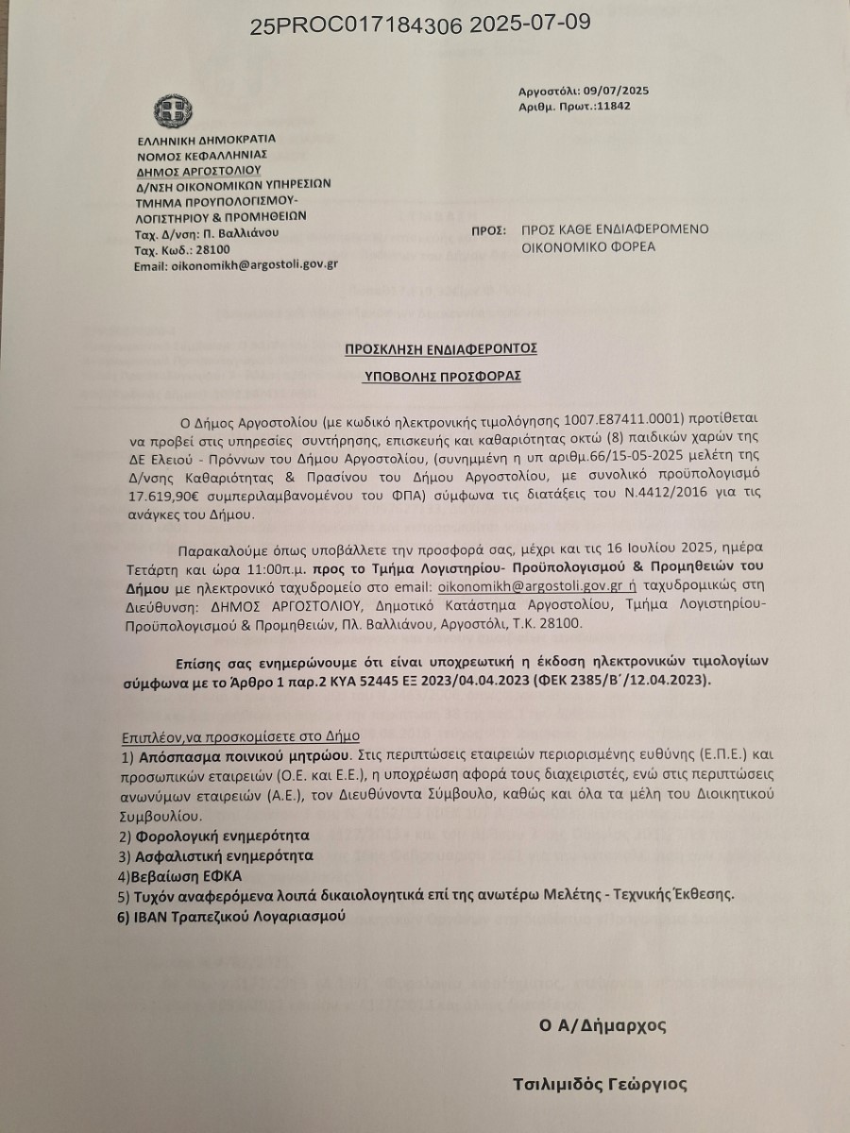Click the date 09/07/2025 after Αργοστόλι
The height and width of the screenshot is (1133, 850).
click(x=620, y=92)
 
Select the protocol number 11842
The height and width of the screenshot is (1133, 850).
click(x=612, y=107)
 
